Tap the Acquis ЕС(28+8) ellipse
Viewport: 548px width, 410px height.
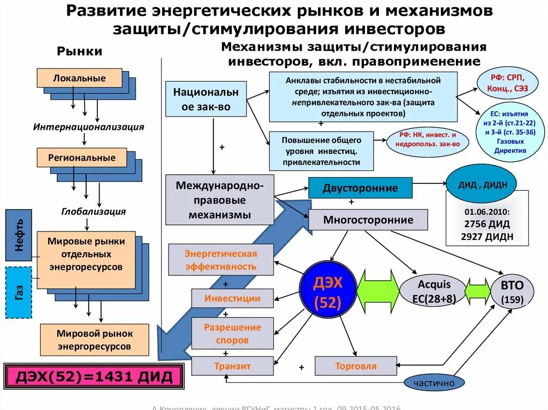click(x=434, y=292)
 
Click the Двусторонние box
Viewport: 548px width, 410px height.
click(x=360, y=188)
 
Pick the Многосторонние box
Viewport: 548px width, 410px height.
click(x=368, y=220)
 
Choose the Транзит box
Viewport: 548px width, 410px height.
click(x=232, y=366)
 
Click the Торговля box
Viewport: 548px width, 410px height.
click(x=355, y=366)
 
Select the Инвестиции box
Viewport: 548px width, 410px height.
click(x=232, y=298)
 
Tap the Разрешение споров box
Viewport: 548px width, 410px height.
click(x=232, y=333)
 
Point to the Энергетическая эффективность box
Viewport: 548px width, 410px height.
click(x=221, y=260)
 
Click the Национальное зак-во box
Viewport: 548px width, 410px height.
click(x=206, y=99)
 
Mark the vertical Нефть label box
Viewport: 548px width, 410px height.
click(x=19, y=236)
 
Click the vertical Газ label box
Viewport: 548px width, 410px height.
click(x=19, y=292)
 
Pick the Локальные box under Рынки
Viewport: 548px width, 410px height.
click(x=79, y=78)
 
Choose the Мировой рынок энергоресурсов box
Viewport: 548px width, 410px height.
click(x=94, y=340)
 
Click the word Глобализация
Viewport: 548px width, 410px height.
click(x=94, y=211)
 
